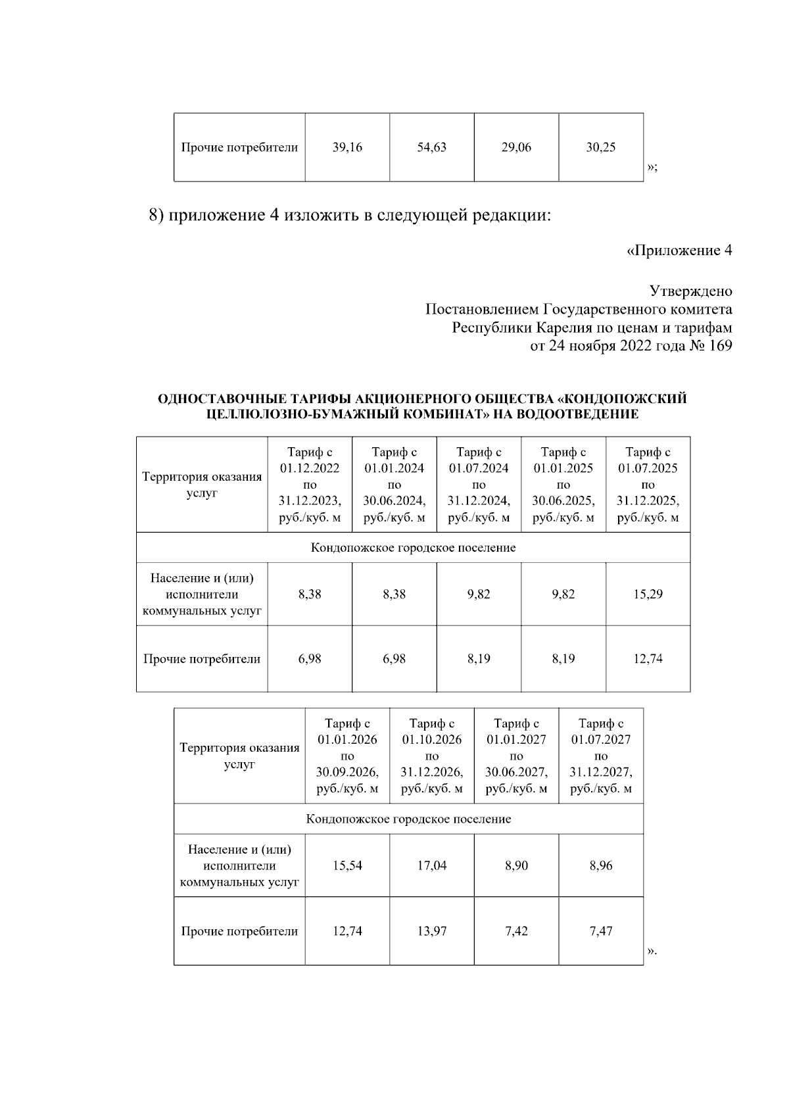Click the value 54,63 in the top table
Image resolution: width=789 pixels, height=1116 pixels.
coord(431,147)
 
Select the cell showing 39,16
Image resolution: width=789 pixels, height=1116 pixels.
coord(347,147)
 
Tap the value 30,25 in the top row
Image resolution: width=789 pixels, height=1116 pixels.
coord(600,147)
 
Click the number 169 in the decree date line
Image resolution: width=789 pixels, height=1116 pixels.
coord(720,346)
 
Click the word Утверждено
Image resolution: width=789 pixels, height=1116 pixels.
coord(690,291)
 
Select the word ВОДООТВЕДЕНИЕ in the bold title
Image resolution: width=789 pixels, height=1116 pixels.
coord(578,414)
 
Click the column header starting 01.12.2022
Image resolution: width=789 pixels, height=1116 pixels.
coord(310,485)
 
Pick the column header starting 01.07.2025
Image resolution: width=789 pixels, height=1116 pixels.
coord(648,485)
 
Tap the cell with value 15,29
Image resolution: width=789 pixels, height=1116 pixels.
coord(648,594)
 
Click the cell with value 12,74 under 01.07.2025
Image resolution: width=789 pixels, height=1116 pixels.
coord(648,659)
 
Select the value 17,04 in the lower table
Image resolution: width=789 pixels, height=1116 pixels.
coord(431,865)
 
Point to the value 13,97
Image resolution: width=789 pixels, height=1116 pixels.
coord(431,931)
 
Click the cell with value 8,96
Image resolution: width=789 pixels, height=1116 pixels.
coord(600,865)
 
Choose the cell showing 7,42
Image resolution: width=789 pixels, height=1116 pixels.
coord(516,931)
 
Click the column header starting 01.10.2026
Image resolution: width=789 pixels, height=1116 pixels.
coord(431,756)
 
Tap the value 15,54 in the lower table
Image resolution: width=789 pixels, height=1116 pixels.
coord(347,865)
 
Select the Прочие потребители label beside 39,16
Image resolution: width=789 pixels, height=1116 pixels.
coord(239,147)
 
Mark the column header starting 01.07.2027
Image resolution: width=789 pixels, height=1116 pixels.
coord(600,756)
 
